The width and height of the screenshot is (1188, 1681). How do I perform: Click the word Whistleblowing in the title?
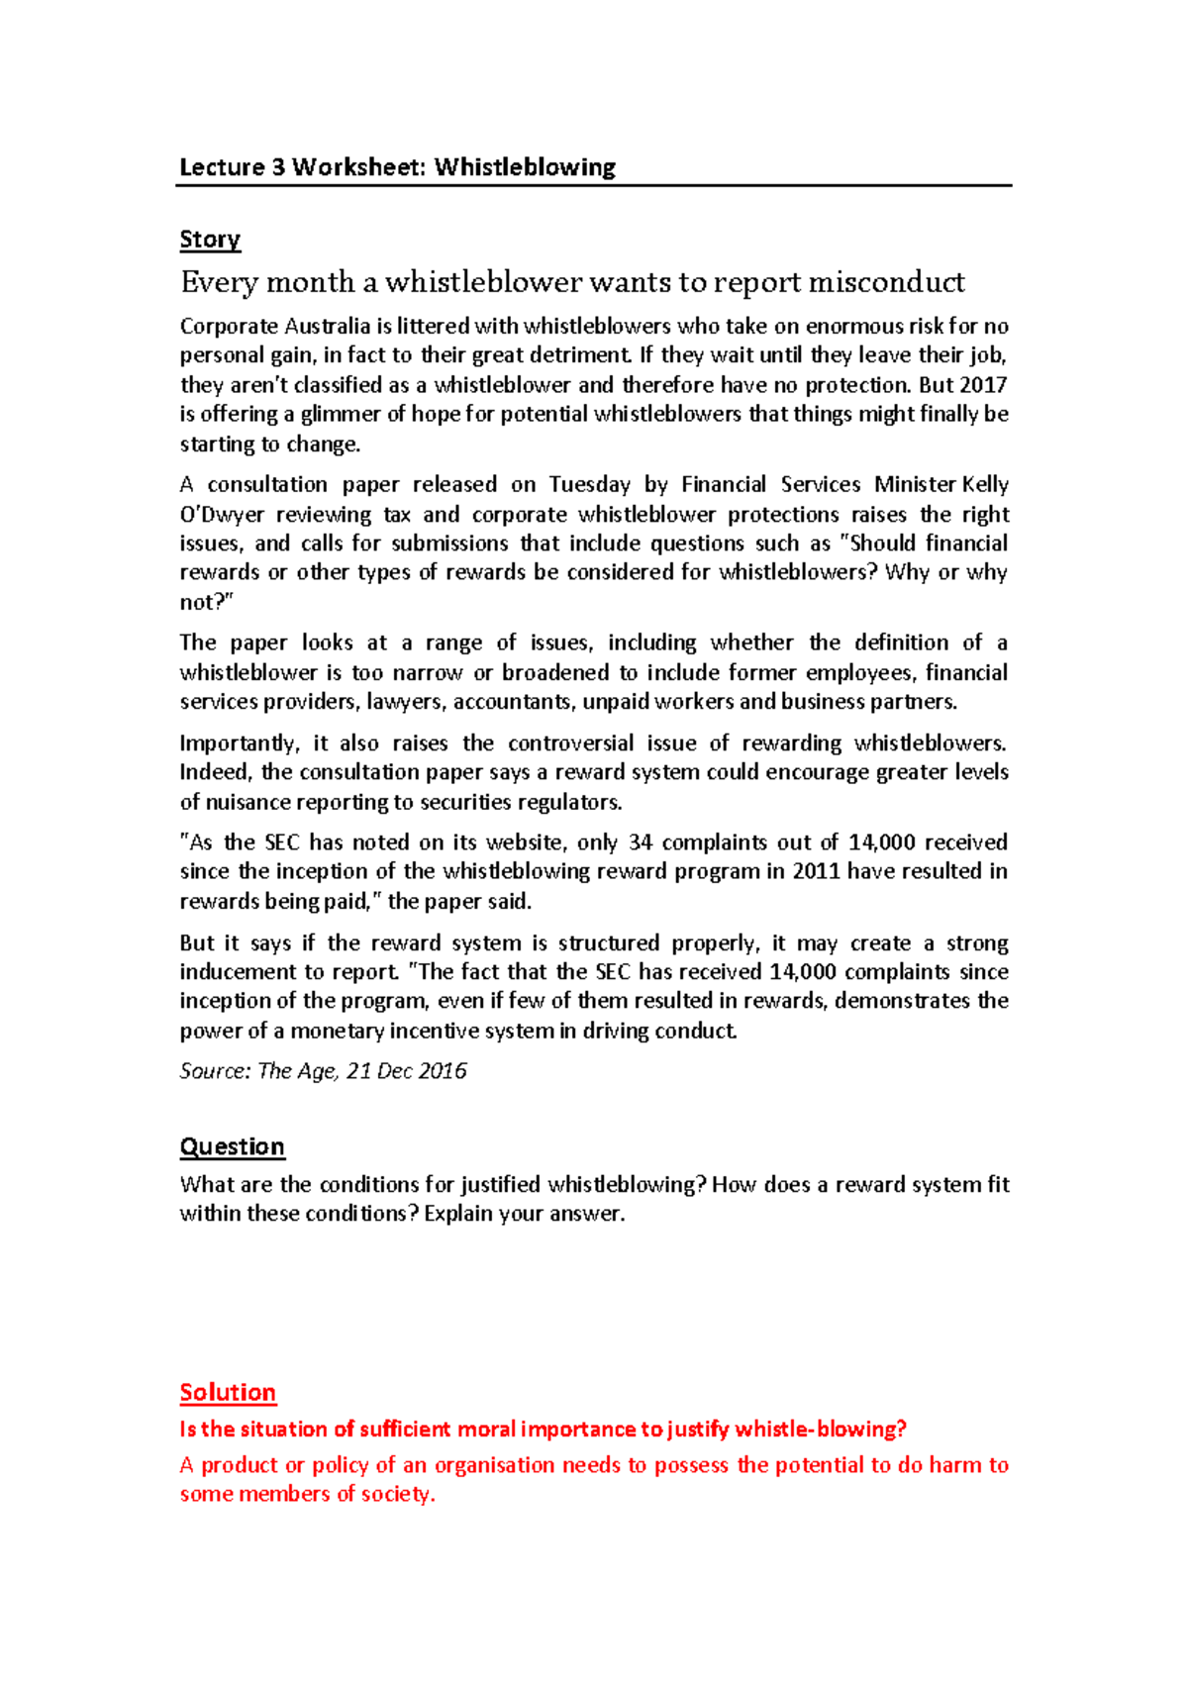525,166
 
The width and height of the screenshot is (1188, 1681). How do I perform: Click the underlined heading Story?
210,240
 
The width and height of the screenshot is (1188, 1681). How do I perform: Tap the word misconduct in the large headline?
886,283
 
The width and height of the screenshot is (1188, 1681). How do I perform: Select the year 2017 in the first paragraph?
983,385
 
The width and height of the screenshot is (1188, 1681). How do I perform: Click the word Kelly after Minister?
985,485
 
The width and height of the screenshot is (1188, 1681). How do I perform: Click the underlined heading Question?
232,1146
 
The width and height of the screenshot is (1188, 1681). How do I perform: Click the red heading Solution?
228,1392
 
